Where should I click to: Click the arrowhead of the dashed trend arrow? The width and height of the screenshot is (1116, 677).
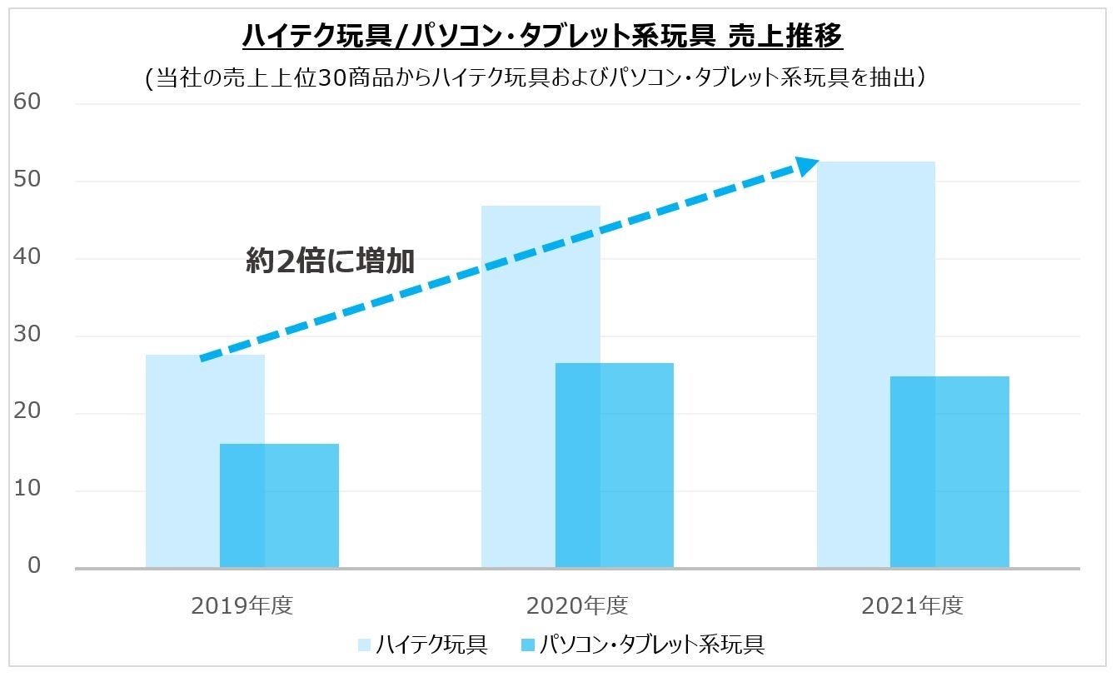[807, 166]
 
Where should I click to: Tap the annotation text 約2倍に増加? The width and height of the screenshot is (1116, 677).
[330, 261]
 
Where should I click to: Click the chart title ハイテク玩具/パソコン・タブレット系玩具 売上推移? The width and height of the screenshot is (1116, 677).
[542, 37]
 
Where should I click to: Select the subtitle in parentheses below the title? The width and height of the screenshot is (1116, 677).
[536, 77]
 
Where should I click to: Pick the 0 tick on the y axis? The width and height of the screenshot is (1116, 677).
[34, 566]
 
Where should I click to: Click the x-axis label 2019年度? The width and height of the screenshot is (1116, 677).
[242, 605]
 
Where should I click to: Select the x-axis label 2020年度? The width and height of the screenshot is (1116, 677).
[577, 605]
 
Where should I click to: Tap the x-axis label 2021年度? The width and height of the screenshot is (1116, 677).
[913, 605]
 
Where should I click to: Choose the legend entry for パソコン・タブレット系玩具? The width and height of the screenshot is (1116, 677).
[640, 645]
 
